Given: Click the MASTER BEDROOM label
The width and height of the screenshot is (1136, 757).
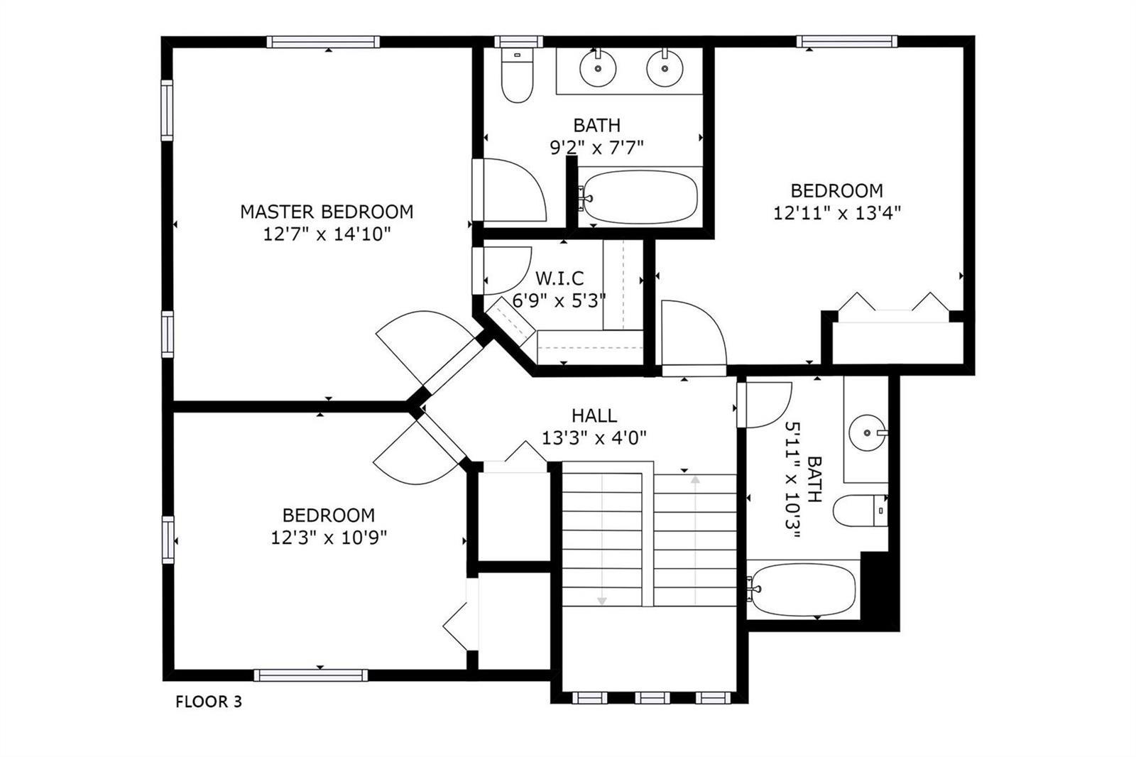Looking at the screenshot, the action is coord(327,212).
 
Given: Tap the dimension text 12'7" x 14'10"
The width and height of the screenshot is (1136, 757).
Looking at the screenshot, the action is coord(327,234).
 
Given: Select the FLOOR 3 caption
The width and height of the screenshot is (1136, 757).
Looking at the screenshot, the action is coord(209,702).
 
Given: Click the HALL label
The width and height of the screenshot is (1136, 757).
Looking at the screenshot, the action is coord(594,415).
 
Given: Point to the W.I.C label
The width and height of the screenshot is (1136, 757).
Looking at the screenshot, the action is coord(559,278).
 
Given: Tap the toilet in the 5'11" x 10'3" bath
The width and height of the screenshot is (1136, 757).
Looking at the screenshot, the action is coord(860,511).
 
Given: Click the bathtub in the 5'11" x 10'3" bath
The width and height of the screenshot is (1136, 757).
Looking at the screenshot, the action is coord(803,589).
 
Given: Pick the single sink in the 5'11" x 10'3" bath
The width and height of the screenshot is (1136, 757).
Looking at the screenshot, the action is coord(868,432).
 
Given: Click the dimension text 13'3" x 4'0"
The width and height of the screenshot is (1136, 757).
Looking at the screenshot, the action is coord(594,437).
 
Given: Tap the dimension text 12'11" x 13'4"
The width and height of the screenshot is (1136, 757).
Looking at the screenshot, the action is coord(837,212).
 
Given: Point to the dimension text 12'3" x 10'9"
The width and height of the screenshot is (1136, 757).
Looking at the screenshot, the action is coord(329,538).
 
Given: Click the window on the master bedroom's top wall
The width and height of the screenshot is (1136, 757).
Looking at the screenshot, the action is coord(323,42).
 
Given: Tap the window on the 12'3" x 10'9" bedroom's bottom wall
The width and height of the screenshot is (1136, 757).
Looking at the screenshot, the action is coord(311,675).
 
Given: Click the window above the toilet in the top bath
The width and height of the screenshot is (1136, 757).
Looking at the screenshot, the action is coord(519,42).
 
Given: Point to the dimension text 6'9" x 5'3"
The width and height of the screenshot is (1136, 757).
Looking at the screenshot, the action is coord(559,301).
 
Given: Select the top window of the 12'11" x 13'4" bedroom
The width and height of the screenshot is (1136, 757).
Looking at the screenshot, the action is coord(846,41).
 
